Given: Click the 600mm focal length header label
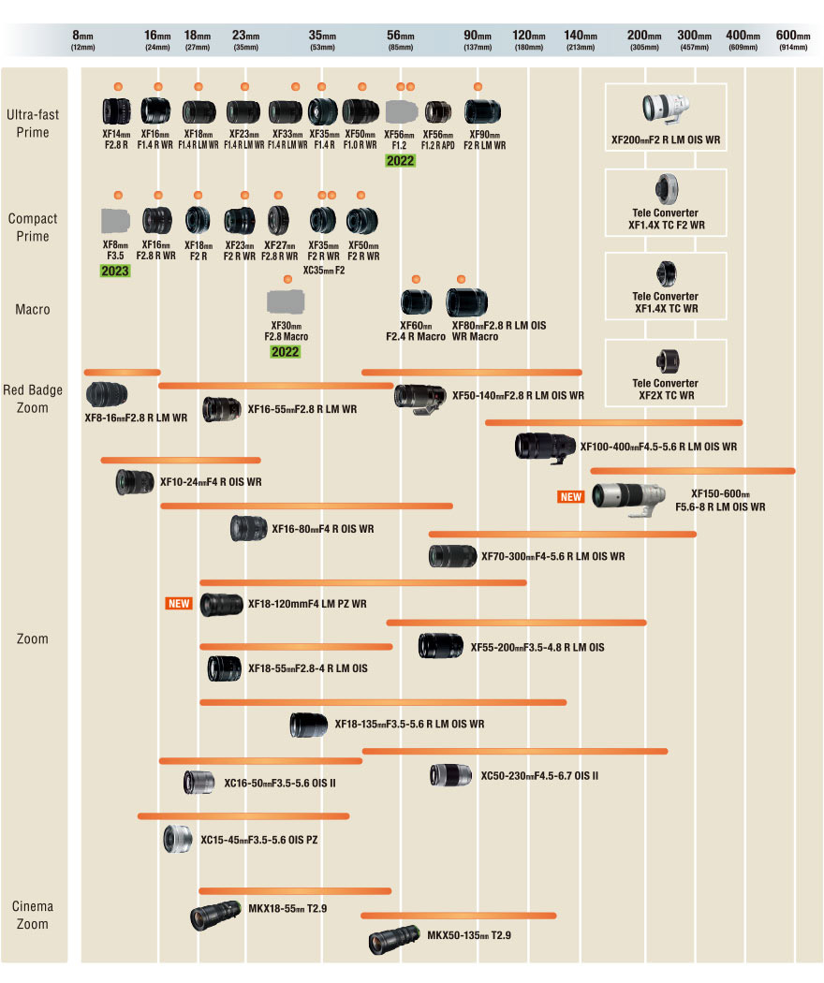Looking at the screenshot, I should point(793,40).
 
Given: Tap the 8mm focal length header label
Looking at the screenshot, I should point(83,40).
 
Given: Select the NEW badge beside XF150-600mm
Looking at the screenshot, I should point(571,496).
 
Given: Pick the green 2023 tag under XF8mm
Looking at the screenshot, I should point(115,271).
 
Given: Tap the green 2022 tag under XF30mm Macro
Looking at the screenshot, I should point(286,352).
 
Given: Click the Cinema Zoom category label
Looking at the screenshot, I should point(32,915).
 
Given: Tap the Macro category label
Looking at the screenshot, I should point(32,309).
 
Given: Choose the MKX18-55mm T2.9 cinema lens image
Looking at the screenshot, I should point(216,915).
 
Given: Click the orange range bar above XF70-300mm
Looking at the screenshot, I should point(562,535).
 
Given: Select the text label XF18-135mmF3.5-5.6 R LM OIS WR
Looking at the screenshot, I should point(409,724).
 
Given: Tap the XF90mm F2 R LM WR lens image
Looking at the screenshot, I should point(483,112).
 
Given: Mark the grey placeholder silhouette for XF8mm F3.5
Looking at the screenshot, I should point(115,220).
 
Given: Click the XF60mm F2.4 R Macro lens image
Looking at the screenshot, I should point(416,301).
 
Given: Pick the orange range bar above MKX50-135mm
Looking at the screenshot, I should point(458,915).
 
